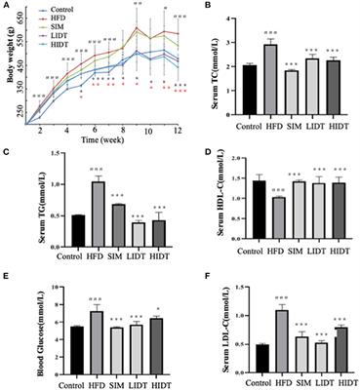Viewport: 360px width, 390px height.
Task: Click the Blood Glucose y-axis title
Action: click(9, 323)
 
